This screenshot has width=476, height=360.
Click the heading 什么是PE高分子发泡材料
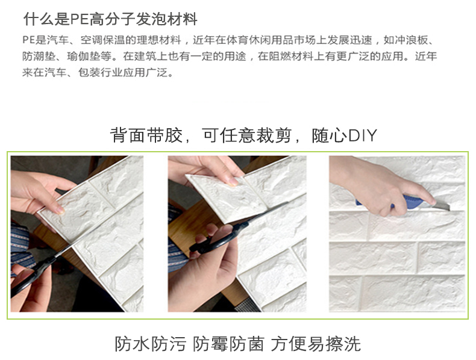[110, 19]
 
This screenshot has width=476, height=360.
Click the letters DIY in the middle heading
[362, 135]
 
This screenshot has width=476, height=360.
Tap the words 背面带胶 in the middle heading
[146, 135]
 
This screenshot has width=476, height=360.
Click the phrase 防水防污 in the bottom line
[150, 344]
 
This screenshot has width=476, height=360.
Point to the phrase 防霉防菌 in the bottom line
[228, 344]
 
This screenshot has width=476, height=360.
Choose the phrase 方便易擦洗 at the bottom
[316, 344]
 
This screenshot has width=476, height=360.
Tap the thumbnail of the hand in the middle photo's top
[234, 182]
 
